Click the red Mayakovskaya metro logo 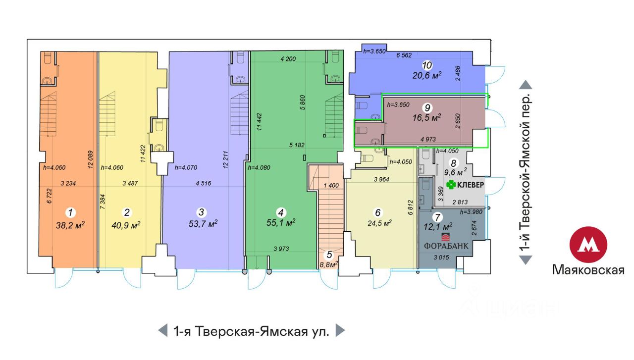point(588,245)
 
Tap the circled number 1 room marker point(70,212)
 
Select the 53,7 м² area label point(203,224)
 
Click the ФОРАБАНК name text point(446,246)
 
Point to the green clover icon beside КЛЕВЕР point(451,185)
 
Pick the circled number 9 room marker point(427,107)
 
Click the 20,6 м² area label point(427,75)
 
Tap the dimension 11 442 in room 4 point(259,122)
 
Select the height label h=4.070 point(186,167)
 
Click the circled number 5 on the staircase point(329,255)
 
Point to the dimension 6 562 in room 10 point(404,55)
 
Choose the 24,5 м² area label point(379,223)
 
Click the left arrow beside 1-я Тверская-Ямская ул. point(163,330)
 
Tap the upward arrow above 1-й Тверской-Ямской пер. point(526,85)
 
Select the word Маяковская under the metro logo point(588,270)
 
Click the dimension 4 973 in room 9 point(428,139)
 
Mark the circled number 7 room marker point(437,217)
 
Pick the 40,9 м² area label point(126,225)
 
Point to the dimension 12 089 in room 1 point(90,159)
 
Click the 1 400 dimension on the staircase point(331,185)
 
